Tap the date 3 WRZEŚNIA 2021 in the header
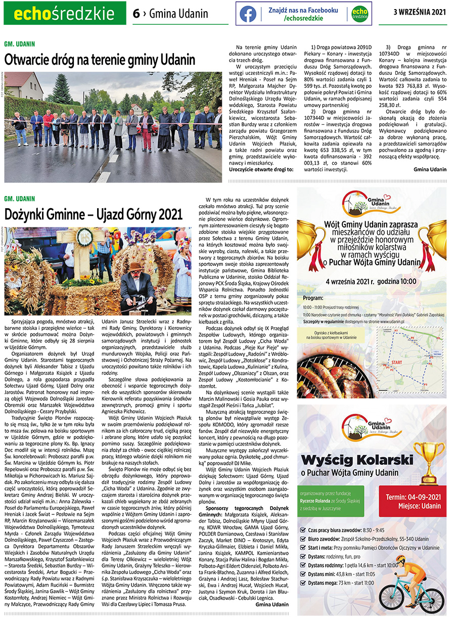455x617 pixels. click(419, 13)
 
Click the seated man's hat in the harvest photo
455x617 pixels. click(135, 267)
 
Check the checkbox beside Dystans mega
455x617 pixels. click(303, 583)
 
